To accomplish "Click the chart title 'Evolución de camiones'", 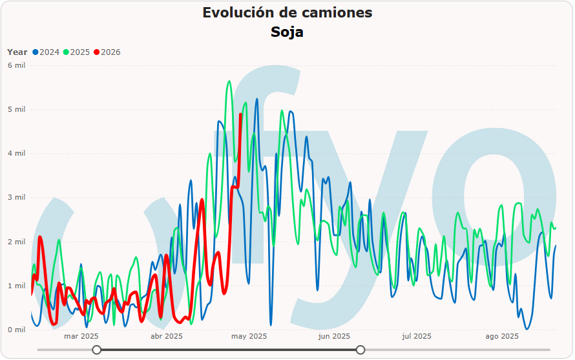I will pyautogui.click(x=287, y=12).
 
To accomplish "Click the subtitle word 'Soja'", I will pyautogui.click(x=287, y=32).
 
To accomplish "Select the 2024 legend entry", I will pyautogui.click(x=46, y=52).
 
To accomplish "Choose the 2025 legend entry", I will pyautogui.click(x=76, y=52).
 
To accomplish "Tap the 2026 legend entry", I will pyautogui.click(x=107, y=52).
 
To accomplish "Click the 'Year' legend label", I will pyautogui.click(x=17, y=52).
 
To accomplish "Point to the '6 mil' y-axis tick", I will pyautogui.click(x=16, y=65).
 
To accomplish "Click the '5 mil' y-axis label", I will pyautogui.click(x=16, y=109).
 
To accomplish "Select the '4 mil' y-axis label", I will pyautogui.click(x=16, y=153).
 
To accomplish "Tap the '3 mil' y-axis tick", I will pyautogui.click(x=16, y=197).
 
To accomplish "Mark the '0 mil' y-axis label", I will pyautogui.click(x=16, y=330).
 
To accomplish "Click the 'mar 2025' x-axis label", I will pyautogui.click(x=81, y=336).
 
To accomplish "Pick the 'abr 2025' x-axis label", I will pyautogui.click(x=166, y=336).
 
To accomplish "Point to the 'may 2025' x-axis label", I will pyautogui.click(x=249, y=336).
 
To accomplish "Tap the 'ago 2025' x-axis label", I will pyautogui.click(x=502, y=336).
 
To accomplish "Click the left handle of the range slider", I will pyautogui.click(x=97, y=350).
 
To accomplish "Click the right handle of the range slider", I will pyautogui.click(x=361, y=350).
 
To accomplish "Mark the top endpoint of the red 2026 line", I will pyautogui.click(x=240, y=114).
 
